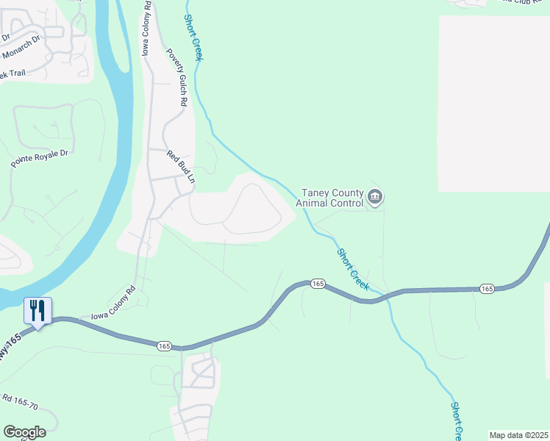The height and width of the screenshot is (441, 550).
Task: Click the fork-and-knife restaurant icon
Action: pyautogui.click(x=37, y=310)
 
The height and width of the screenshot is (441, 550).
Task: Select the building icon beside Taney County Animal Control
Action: pyautogui.click(x=376, y=197)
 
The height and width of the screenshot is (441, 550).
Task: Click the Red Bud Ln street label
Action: pyautogui.click(x=181, y=167)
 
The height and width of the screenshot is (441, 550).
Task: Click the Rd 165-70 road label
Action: pyautogui.click(x=24, y=406)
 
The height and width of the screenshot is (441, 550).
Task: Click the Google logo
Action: pyautogui.click(x=24, y=432)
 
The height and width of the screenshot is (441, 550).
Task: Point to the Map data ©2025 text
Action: pyautogui.click(x=518, y=435)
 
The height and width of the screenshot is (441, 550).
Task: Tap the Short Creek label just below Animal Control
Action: pyautogui.click(x=353, y=268)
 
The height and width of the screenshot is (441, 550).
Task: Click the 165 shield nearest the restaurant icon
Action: pyautogui.click(x=163, y=345)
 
